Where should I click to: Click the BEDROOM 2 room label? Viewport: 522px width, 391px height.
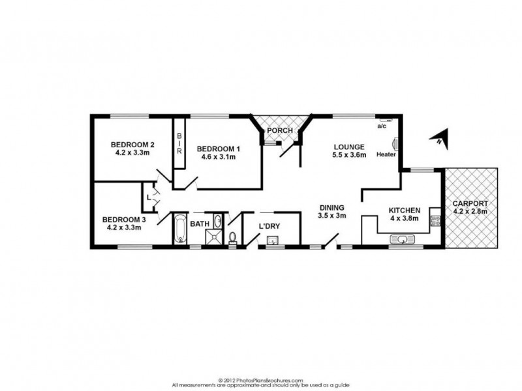(132, 145)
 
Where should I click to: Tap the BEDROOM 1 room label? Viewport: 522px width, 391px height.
(219, 149)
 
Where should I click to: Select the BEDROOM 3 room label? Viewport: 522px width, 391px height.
(124, 220)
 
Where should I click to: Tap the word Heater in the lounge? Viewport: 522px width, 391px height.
(385, 154)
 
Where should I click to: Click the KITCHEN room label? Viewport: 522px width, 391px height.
(405, 210)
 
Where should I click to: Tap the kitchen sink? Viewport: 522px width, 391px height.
(403, 240)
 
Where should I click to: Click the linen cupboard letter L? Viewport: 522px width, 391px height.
(149, 196)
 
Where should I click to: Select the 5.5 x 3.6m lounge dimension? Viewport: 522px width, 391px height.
(349, 155)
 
